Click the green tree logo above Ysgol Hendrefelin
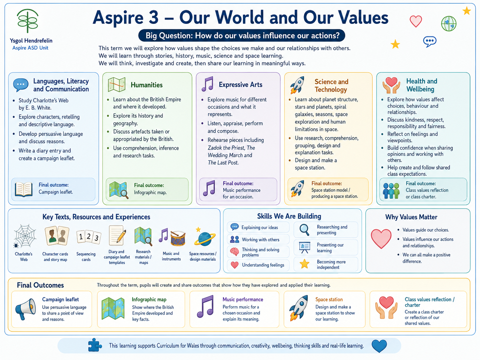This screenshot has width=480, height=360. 28,21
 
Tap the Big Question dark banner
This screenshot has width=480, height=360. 242,35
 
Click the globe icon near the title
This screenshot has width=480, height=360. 449,24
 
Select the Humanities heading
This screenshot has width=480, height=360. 147,85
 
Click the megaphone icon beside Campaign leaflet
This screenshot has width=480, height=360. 26,309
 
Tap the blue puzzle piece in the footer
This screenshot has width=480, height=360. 95,345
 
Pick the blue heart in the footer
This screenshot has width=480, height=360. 379,346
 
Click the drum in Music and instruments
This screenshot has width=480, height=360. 178,238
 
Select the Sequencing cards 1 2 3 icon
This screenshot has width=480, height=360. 89,237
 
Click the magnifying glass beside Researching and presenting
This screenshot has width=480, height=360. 304,230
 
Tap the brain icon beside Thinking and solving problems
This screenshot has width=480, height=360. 234,252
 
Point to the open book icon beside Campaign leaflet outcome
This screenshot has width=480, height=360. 24,189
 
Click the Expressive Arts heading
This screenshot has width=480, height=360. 241,85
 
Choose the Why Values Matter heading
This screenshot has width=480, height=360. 411,217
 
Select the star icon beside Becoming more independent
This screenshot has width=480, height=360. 304,264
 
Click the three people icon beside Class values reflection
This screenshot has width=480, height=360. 391,191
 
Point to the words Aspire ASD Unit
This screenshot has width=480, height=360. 30,48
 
